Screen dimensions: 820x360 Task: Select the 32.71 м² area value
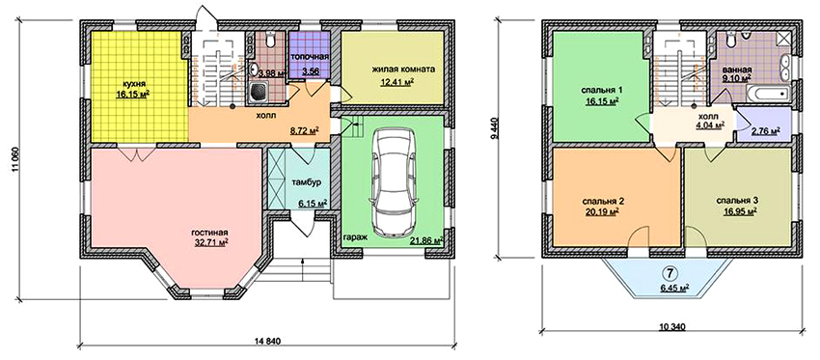(210, 242)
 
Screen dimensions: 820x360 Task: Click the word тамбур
(303, 182)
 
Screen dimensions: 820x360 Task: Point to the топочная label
(310, 57)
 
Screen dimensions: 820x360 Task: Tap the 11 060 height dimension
(14, 161)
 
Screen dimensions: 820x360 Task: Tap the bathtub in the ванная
(768, 93)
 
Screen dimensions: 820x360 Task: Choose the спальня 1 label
(601, 91)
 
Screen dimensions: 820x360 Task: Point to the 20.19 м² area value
(602, 211)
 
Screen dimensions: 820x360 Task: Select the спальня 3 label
(736, 201)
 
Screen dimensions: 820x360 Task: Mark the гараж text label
(355, 237)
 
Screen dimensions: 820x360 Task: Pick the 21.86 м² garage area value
(426, 240)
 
